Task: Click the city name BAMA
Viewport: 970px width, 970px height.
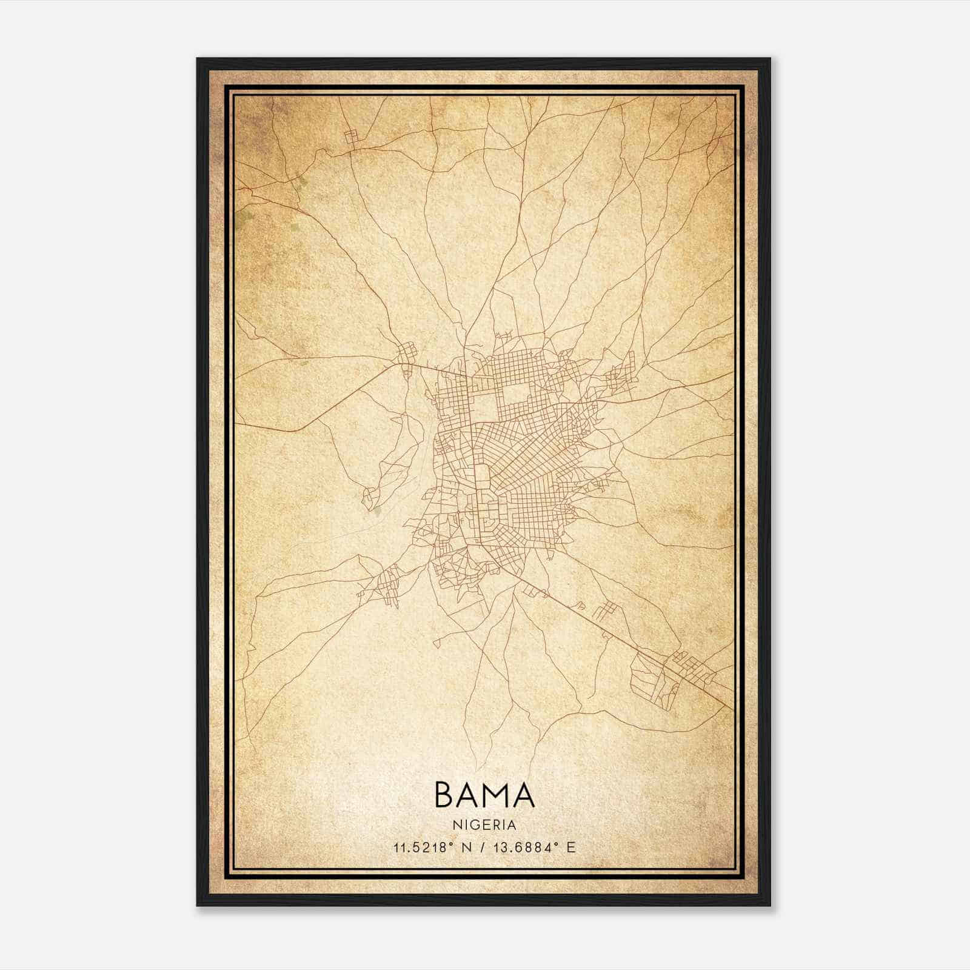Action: click(x=484, y=795)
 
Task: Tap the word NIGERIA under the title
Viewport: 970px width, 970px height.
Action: click(x=484, y=825)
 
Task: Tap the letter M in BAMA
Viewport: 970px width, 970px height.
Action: click(x=496, y=795)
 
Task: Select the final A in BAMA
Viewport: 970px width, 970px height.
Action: click(x=523, y=795)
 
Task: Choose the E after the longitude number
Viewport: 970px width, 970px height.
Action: click(x=570, y=848)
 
